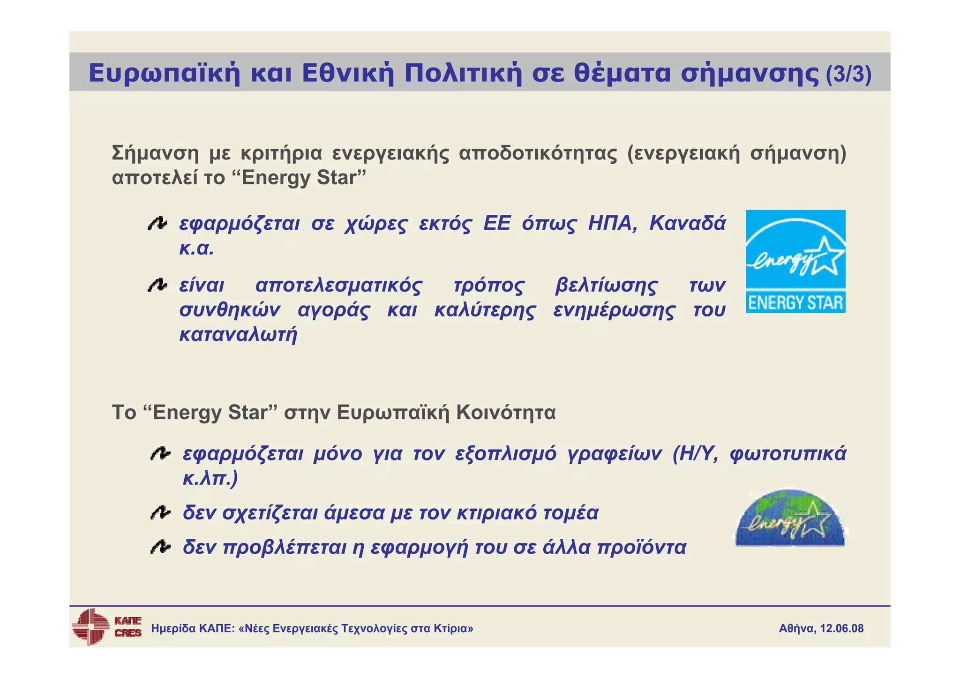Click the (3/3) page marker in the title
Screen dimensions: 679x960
[848, 74]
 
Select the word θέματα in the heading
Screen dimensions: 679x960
[622, 73]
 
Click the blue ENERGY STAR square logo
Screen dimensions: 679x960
[795, 261]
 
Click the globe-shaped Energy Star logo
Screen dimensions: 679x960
[790, 519]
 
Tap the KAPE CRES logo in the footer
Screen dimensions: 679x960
[106, 627]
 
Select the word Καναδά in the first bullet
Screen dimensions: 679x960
[687, 223]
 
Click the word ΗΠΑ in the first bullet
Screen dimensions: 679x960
[612, 223]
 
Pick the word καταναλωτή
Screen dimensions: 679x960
[238, 334]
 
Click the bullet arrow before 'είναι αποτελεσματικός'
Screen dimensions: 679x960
[157, 285]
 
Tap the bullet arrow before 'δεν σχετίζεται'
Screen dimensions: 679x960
[160, 513]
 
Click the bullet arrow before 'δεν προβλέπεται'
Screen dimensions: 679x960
[160, 547]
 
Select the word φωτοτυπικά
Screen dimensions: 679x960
[787, 454]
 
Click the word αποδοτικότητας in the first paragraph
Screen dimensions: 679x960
[538, 153]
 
